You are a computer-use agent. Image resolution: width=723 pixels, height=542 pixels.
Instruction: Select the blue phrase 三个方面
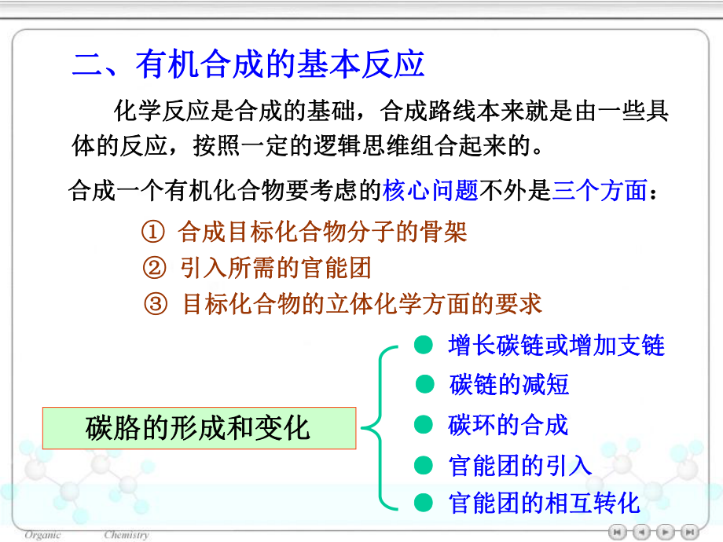click(x=599, y=191)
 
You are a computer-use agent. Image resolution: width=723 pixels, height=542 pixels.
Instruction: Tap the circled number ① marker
click(x=153, y=233)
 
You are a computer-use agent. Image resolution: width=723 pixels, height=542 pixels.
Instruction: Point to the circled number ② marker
click(x=153, y=269)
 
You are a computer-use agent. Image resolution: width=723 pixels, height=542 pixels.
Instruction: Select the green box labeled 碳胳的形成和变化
click(x=199, y=428)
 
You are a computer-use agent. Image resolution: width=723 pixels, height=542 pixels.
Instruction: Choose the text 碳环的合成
click(x=508, y=425)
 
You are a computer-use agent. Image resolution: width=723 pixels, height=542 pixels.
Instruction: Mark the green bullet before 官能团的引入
click(x=424, y=465)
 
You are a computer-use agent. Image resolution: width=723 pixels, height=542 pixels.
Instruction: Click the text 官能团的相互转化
click(x=545, y=503)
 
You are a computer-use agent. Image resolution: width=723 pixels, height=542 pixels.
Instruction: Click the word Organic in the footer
click(x=43, y=535)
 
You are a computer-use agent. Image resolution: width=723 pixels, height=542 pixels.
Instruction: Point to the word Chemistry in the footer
click(x=126, y=535)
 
